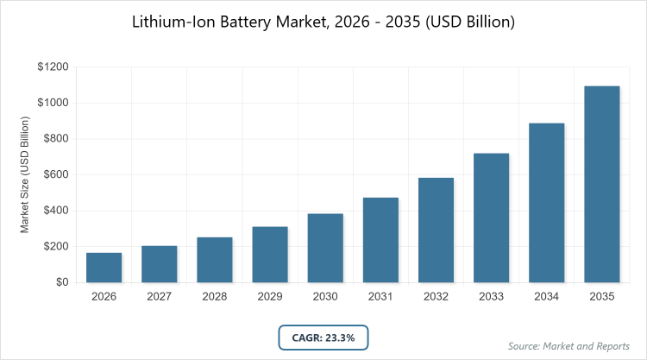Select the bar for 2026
point(104,268)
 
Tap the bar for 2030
point(325,248)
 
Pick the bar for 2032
point(436,231)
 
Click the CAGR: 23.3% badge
point(323,336)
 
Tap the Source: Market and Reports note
point(568,346)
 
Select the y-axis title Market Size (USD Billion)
point(26,175)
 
